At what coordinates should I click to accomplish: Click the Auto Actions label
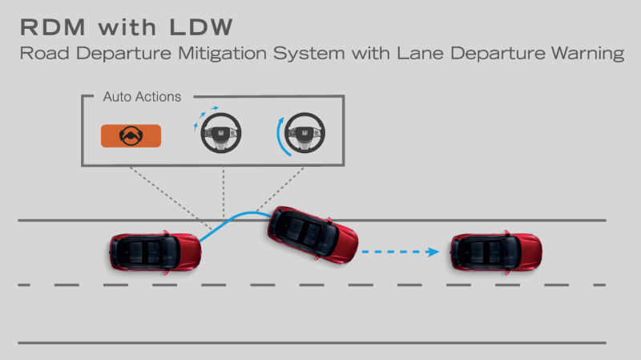142,97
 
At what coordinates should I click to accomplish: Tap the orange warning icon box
130,136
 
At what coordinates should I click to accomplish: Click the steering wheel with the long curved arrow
305,134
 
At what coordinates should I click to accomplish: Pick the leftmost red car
154,252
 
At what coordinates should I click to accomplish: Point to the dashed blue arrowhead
433,252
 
